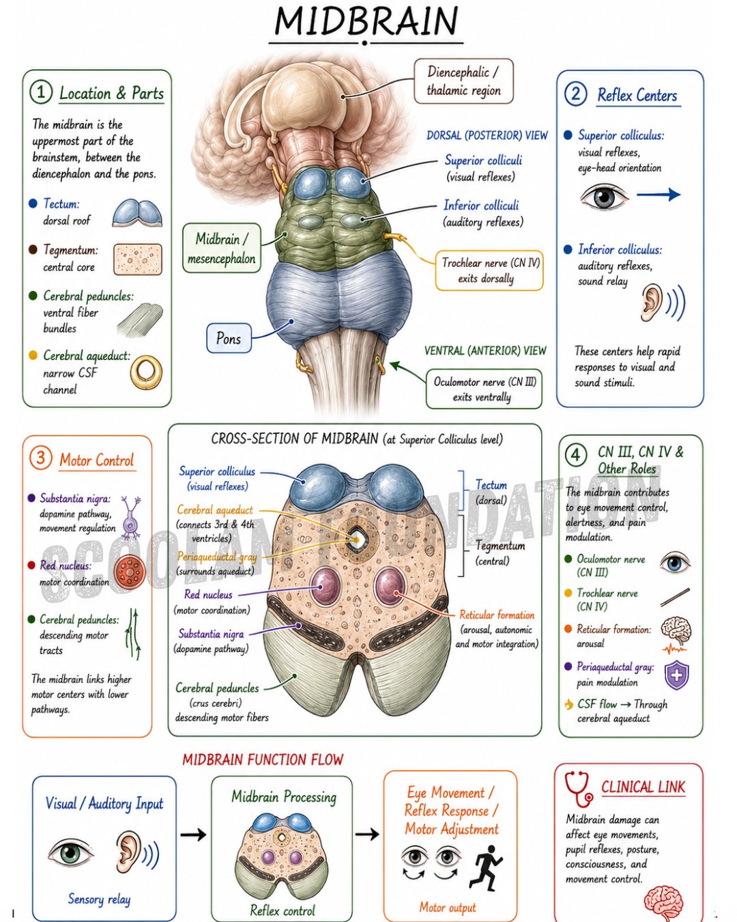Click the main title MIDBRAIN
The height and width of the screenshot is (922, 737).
366,20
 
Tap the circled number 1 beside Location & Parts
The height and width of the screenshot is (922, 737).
41,92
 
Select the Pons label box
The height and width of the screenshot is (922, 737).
229,338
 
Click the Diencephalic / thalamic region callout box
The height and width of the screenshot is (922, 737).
463,81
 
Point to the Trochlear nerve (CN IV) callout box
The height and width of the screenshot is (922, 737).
489,270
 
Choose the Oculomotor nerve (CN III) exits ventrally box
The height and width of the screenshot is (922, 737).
484,389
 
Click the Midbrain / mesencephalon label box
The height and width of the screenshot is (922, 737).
221,248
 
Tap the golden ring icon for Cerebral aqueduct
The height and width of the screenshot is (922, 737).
146,372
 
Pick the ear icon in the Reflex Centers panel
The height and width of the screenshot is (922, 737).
651,303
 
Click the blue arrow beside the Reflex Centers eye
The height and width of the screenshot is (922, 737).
659,195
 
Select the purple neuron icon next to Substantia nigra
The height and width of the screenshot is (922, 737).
130,517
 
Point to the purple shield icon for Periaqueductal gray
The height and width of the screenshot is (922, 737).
677,675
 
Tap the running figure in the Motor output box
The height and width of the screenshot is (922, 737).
486,868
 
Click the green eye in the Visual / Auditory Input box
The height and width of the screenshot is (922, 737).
71,852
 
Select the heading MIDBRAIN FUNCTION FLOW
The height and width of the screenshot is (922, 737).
263,759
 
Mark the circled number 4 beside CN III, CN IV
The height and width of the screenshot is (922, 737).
576,455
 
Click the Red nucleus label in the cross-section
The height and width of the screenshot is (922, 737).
208,594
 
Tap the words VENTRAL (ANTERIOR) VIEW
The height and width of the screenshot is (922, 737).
485,351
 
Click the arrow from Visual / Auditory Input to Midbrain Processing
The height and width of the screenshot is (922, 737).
193,835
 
